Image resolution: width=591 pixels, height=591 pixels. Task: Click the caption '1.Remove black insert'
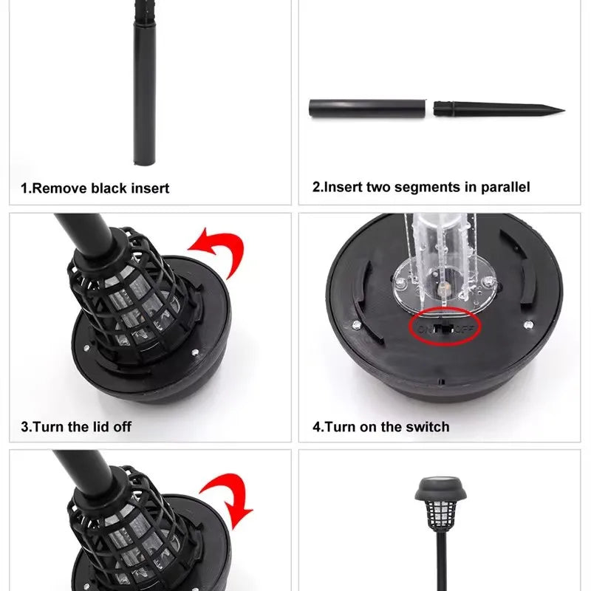(x=95, y=188)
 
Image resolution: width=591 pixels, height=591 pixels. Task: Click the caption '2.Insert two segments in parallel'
(x=420, y=188)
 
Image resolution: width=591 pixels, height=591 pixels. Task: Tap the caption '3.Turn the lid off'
(x=76, y=427)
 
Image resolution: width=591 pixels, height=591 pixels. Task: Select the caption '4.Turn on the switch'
(x=380, y=426)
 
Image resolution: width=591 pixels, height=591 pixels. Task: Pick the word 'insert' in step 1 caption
(x=150, y=188)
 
